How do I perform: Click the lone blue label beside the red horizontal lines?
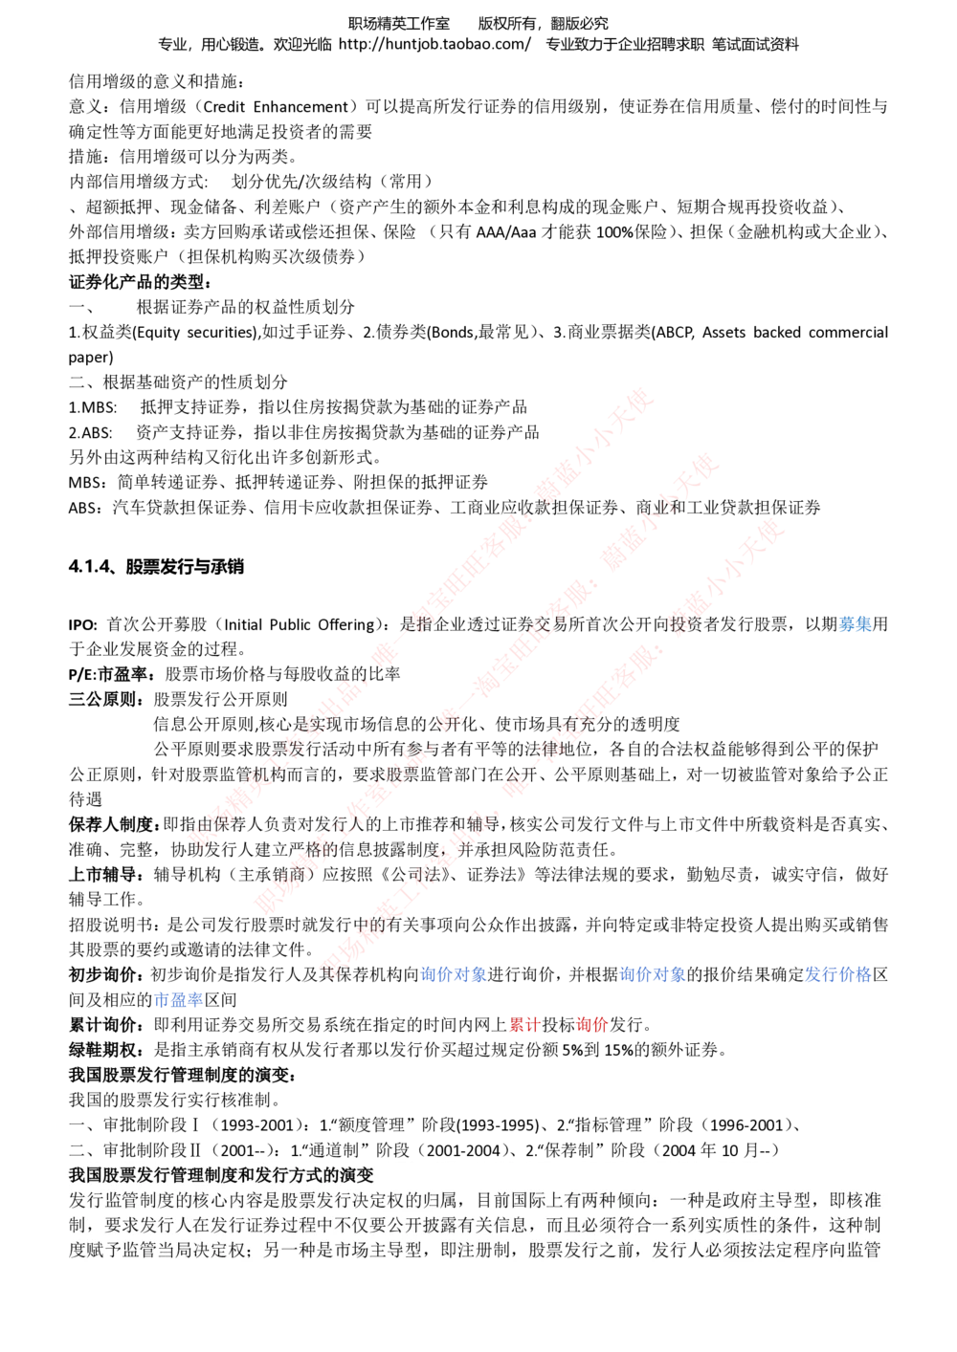pyautogui.click(x=855, y=624)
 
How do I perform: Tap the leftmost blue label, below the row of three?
pyautogui.click(x=179, y=1000)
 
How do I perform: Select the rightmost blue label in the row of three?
pyautogui.click(x=838, y=975)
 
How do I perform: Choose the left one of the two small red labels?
pyautogui.click(x=524, y=1025)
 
